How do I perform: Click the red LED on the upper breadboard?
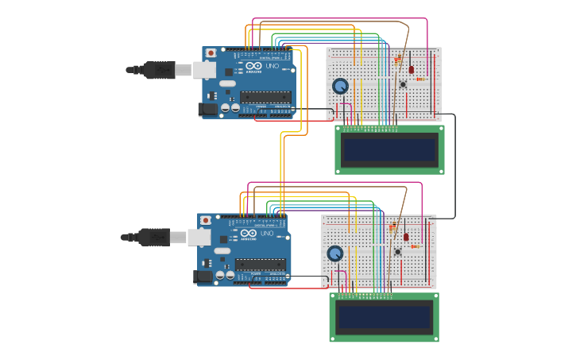coord(411,70)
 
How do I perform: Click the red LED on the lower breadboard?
coord(406,237)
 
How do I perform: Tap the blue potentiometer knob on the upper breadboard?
coord(340,86)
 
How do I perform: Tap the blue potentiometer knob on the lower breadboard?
coord(335,253)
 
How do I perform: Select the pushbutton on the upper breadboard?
coord(403,84)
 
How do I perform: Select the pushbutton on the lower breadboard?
coord(398,251)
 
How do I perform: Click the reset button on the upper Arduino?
coord(211,53)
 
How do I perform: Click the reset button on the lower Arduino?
coord(206,220)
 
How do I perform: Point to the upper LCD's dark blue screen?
coord(389,149)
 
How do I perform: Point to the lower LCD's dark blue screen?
coord(385,316)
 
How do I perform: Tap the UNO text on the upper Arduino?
coord(272,66)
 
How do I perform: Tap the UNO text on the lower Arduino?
coord(267,233)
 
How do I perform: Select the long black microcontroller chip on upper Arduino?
coord(265,97)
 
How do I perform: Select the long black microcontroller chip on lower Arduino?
coord(261,264)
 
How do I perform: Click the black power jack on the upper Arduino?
coord(207,110)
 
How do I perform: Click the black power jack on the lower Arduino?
coord(203,277)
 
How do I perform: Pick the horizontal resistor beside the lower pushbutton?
coord(414,246)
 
